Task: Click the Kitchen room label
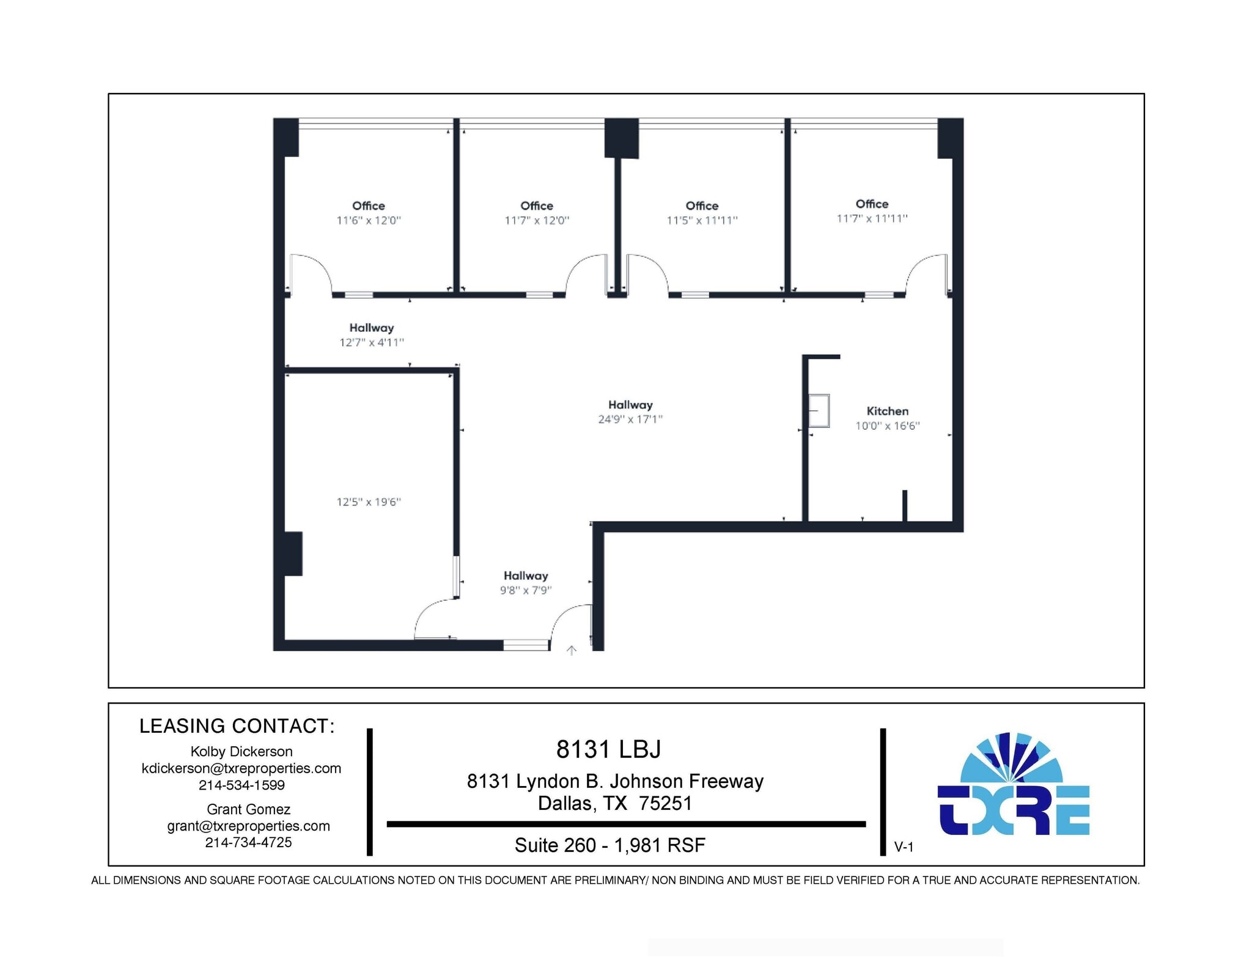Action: (x=887, y=411)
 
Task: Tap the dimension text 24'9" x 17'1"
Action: (x=630, y=419)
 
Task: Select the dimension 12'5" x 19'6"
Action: (x=369, y=502)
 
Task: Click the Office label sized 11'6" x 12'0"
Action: (x=369, y=206)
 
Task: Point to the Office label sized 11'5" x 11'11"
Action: (x=702, y=206)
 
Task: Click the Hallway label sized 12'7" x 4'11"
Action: (x=372, y=328)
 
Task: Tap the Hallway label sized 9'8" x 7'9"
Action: (x=526, y=576)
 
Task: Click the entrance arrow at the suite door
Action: (x=572, y=651)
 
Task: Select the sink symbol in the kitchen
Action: (x=819, y=411)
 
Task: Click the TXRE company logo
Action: (x=1013, y=785)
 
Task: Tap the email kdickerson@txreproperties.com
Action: (x=241, y=768)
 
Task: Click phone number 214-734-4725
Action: (x=248, y=842)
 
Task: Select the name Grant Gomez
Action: (x=248, y=809)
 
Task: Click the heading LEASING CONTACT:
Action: (x=237, y=726)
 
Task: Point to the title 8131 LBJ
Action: (x=608, y=749)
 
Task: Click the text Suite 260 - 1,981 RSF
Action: (x=609, y=845)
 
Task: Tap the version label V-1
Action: (x=904, y=847)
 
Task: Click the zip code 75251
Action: (x=665, y=803)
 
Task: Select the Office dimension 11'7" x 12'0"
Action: (x=537, y=221)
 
